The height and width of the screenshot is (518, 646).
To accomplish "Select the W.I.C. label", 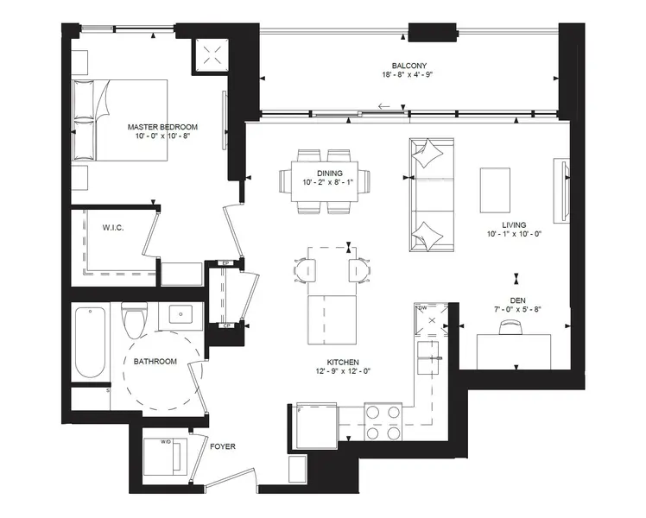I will pos(114,229).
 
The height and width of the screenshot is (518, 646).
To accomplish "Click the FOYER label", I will pos(221,446).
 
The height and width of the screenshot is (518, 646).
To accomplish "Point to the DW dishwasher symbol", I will pos(429,320).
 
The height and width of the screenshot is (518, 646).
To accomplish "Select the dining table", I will pos(323,182).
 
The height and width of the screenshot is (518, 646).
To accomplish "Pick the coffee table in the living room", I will pos(495,190).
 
